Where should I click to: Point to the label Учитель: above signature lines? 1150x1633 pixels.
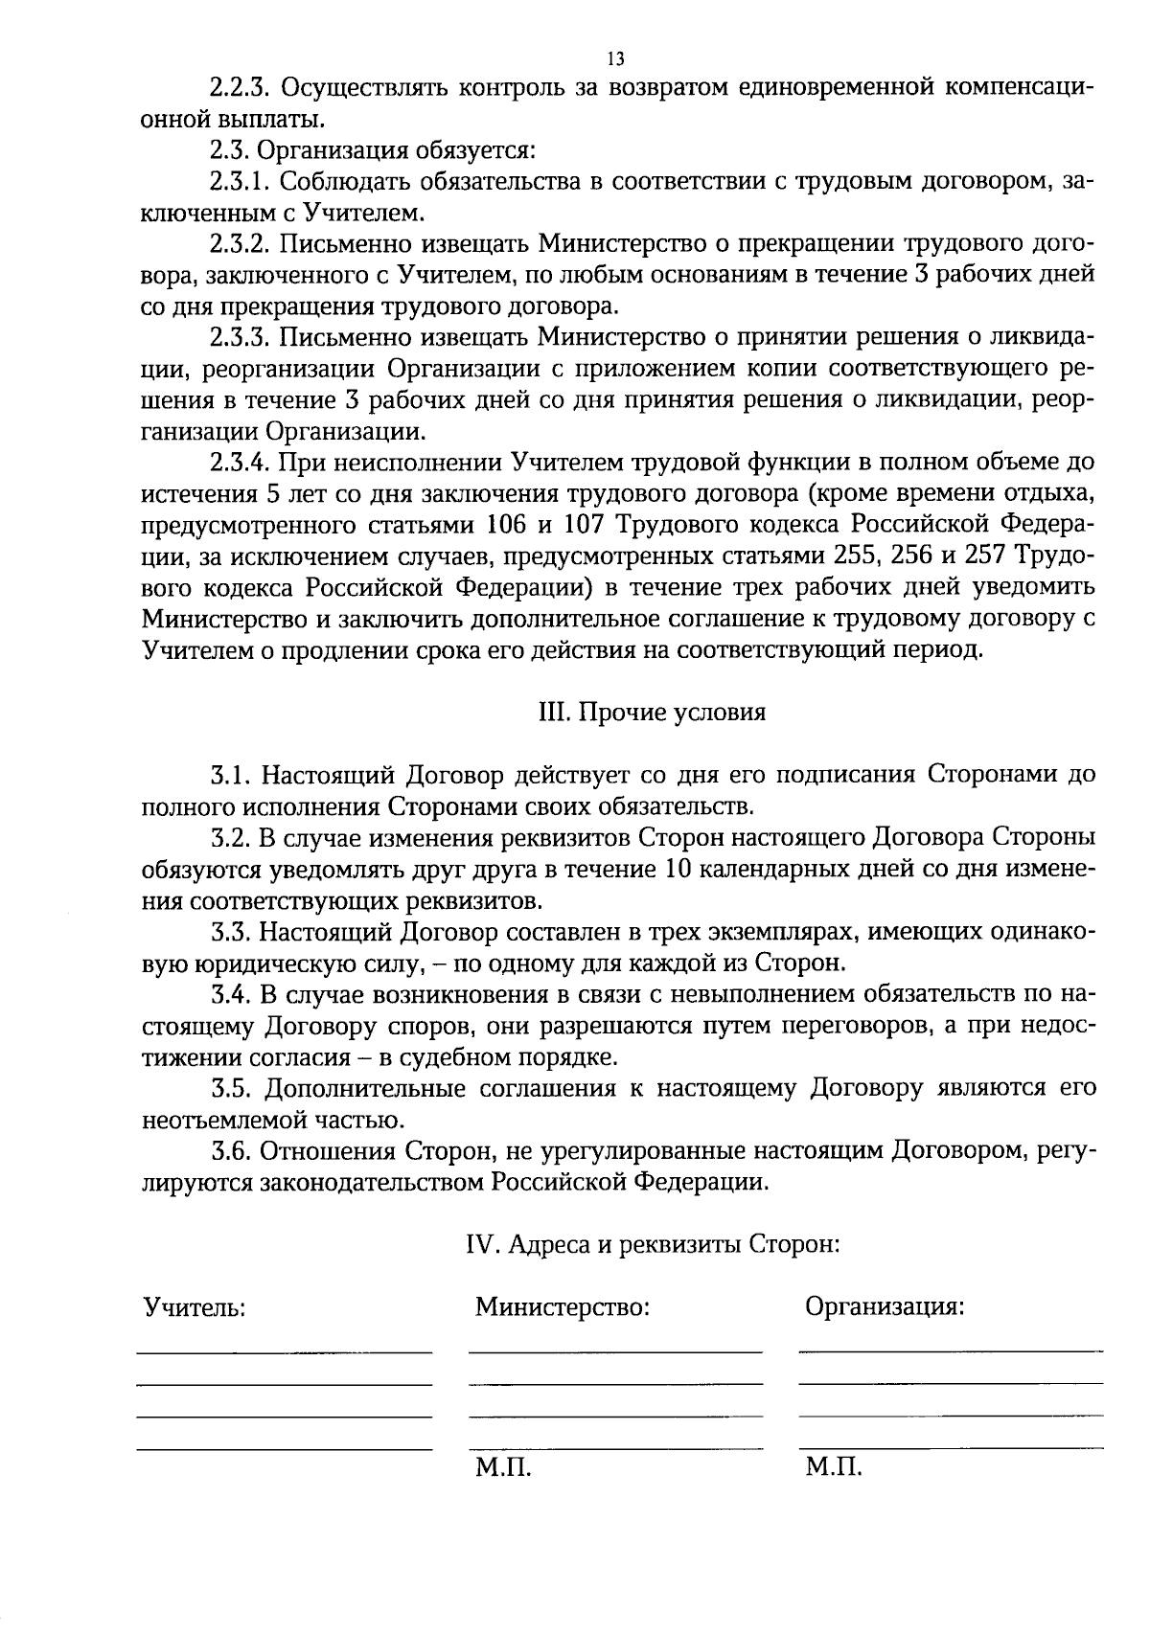(x=194, y=1307)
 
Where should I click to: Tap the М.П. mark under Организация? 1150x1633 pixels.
(x=834, y=1467)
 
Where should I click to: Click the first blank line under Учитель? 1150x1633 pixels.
(x=284, y=1351)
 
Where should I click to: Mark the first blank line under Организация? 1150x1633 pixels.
(x=950, y=1350)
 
